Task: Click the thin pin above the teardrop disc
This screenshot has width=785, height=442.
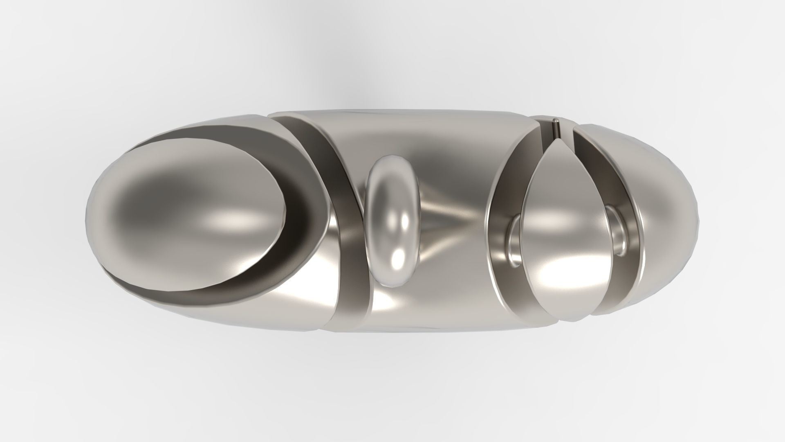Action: [x=556, y=129]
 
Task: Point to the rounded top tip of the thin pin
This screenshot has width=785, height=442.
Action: [x=556, y=120]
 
